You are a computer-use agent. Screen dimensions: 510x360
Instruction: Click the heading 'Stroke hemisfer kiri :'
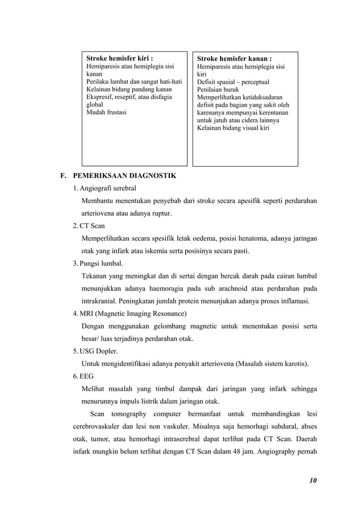[119, 58]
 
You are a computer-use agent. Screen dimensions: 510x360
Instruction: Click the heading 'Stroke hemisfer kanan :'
[234, 58]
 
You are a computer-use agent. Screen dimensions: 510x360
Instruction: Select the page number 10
[313, 481]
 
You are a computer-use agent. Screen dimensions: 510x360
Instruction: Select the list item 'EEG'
[87, 376]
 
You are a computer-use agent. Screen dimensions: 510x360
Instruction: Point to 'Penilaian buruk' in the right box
[218, 89]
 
